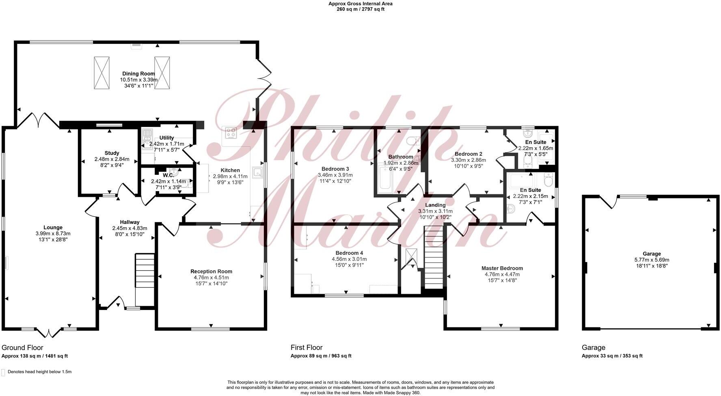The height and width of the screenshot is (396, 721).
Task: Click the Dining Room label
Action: pos(138,74)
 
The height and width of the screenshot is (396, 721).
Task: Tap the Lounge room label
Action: pos(53,228)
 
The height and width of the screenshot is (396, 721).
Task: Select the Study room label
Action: pos(112,153)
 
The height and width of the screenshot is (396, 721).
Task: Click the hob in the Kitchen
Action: pos(231,132)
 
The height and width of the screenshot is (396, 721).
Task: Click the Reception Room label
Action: pos(211,271)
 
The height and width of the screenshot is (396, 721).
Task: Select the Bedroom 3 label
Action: pos(335,169)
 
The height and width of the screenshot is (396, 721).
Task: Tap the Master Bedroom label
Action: pos(502,268)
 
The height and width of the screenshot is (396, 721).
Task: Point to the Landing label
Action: pos(435,205)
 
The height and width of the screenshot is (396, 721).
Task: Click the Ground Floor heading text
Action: pos(22,348)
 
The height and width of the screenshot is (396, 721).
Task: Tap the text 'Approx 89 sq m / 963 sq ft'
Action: pos(321,356)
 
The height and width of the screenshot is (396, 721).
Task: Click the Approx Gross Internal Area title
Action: pos(360,4)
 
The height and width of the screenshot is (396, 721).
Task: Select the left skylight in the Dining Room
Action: pos(101,73)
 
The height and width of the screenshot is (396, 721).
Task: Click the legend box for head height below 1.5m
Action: pos(3,372)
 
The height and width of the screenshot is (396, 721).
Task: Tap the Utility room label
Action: pos(166,138)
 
